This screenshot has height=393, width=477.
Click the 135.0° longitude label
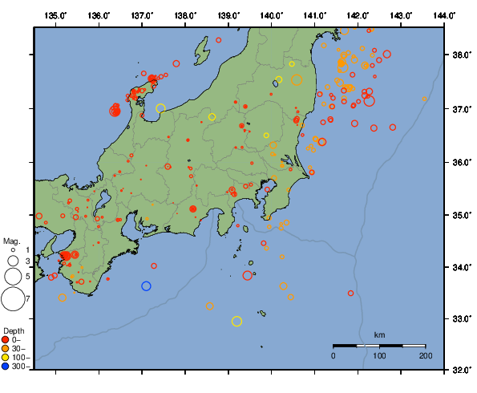tap(55, 15)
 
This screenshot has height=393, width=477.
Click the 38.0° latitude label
tap(460, 55)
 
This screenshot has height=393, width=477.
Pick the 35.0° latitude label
tap(460, 215)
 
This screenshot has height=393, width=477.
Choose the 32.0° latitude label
tap(460, 370)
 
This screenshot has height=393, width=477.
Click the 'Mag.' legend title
tap(11, 241)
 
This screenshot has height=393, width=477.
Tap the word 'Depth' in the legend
tap(14, 330)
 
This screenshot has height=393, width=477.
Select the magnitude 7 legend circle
tap(13, 299)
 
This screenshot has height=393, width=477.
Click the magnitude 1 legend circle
tap(13, 251)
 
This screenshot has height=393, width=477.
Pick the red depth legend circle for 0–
tap(7, 340)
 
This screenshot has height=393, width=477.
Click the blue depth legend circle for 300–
tap(7, 367)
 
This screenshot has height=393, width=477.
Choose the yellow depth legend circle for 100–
tap(7, 358)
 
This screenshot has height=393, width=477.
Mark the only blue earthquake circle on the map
tap(146, 286)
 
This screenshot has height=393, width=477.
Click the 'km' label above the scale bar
tap(379, 334)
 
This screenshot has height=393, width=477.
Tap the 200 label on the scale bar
tap(425, 355)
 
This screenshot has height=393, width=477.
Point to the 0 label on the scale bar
tap(333, 355)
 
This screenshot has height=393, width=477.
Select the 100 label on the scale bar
tap(379, 355)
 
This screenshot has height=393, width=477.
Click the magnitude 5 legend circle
tap(13, 276)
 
